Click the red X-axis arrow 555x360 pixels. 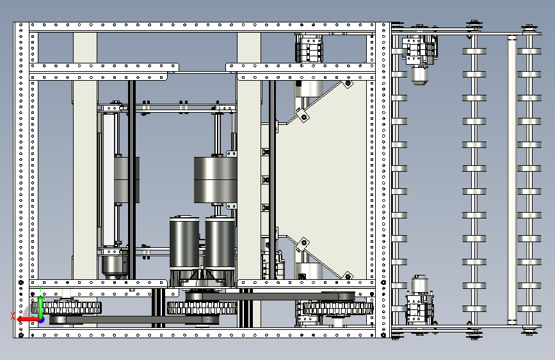(x=28, y=320)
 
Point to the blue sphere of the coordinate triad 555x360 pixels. (x=42, y=320)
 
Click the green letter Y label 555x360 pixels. (x=40, y=288)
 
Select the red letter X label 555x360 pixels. (x=13, y=316)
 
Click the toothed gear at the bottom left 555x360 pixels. (x=66, y=307)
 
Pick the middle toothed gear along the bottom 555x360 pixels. (x=202, y=308)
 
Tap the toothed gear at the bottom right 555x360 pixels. (x=338, y=308)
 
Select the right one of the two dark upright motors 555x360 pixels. (x=220, y=244)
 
